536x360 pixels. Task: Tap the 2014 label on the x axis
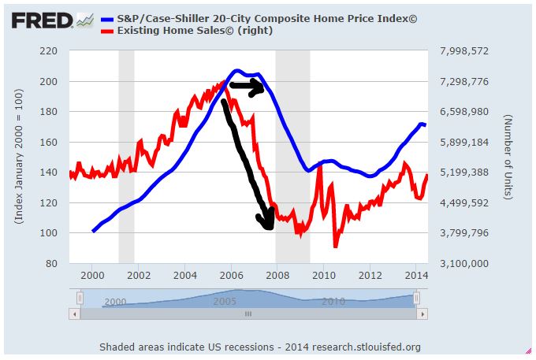[x=415, y=275]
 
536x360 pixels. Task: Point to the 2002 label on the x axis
[x=139, y=275]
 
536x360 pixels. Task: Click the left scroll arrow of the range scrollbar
[x=76, y=314]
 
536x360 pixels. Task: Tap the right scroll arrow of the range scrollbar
[x=422, y=314]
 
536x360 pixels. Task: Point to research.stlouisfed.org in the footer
[x=367, y=347]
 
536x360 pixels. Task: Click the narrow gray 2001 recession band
[x=126, y=158]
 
